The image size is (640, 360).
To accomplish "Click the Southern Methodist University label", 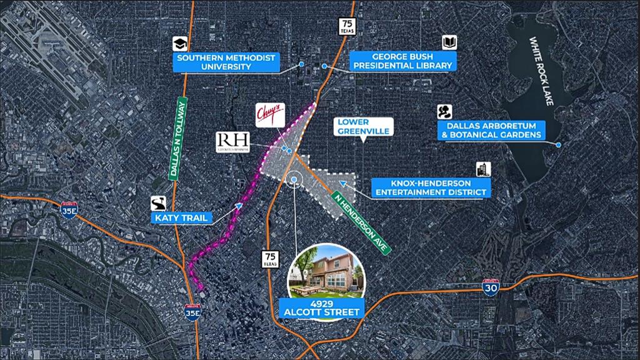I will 226,62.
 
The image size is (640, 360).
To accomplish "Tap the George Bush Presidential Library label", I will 403,60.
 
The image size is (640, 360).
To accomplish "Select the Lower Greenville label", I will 362,126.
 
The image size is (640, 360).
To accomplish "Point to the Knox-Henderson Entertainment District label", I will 430,187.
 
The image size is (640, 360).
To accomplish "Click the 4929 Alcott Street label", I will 323,309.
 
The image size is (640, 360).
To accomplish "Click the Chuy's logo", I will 270,116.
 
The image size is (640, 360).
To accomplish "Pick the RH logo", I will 232,141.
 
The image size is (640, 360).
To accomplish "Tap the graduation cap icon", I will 181,42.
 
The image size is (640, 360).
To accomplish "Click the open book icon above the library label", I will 449,42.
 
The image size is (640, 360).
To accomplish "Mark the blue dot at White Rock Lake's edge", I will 558,145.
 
